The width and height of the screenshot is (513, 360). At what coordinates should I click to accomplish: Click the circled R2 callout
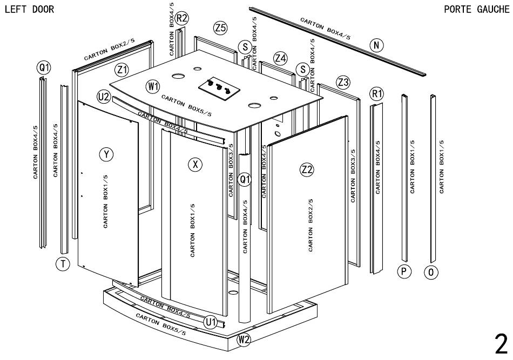182,18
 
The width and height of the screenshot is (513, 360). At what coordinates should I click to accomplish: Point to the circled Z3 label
343,82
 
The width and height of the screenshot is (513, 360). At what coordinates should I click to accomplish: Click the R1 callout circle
377,94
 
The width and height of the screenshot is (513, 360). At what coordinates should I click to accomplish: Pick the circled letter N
376,45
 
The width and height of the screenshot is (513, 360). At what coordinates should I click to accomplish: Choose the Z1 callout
122,70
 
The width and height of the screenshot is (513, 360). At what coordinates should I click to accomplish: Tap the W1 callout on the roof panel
153,86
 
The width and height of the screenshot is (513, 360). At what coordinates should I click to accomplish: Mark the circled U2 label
104,97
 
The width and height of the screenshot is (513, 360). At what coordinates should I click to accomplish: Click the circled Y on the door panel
107,155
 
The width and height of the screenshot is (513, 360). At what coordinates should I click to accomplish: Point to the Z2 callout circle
307,169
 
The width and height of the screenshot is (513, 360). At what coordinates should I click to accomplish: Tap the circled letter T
63,264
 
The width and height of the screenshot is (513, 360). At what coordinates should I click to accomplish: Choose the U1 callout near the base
211,322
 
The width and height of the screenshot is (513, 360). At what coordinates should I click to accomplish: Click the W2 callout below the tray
244,340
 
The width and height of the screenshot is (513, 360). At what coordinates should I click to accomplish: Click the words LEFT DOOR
29,10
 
